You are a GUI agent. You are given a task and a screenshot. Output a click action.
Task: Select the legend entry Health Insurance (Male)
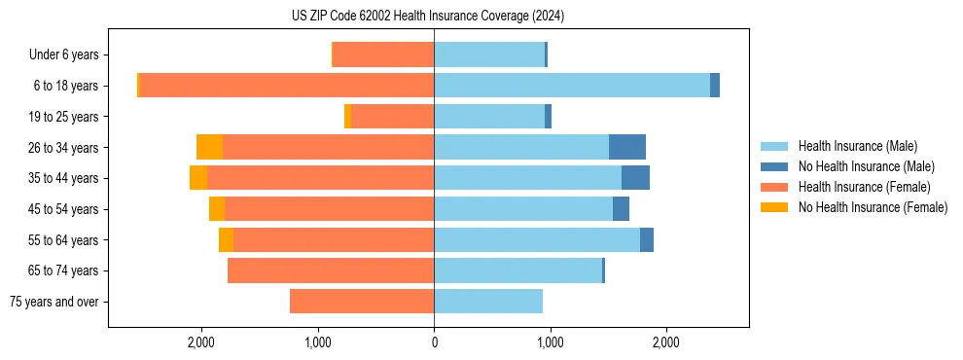pyautogui.click(x=857, y=146)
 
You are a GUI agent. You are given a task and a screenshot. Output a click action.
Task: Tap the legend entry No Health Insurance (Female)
pyautogui.click(x=873, y=207)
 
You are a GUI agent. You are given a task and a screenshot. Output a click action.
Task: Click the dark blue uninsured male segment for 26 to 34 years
pyautogui.click(x=627, y=147)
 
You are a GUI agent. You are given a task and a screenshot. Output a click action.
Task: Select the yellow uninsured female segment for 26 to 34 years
pyautogui.click(x=209, y=147)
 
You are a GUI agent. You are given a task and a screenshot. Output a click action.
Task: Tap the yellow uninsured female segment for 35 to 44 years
pyautogui.click(x=198, y=178)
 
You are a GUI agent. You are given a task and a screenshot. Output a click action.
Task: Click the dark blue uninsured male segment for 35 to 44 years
pyautogui.click(x=635, y=178)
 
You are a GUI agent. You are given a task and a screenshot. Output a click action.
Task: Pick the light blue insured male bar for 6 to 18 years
pyautogui.click(x=572, y=86)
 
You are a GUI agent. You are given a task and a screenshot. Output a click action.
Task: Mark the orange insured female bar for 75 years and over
pyautogui.click(x=362, y=302)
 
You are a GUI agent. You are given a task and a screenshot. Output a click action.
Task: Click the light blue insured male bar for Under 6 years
pyautogui.click(x=489, y=55)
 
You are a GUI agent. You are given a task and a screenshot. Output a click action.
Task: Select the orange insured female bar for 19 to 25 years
pyautogui.click(x=393, y=117)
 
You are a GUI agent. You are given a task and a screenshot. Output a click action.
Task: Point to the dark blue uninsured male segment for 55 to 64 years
pyautogui.click(x=647, y=239)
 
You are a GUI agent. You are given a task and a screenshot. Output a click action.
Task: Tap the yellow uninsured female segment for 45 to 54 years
pyautogui.click(x=217, y=209)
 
